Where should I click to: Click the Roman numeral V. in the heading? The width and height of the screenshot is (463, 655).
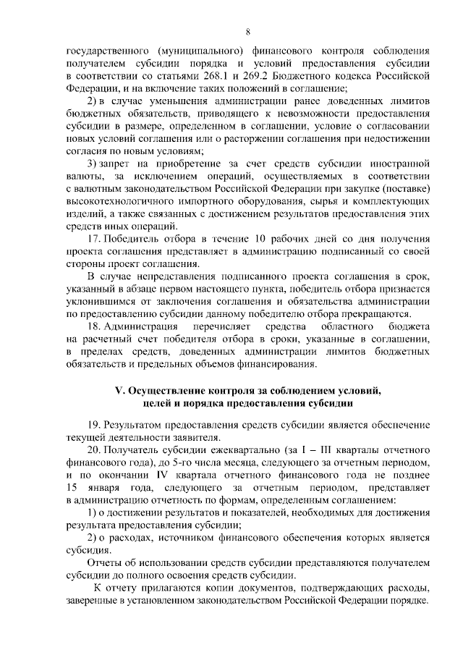click(121, 390)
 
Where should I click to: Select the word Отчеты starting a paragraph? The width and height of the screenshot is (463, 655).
click(105, 563)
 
